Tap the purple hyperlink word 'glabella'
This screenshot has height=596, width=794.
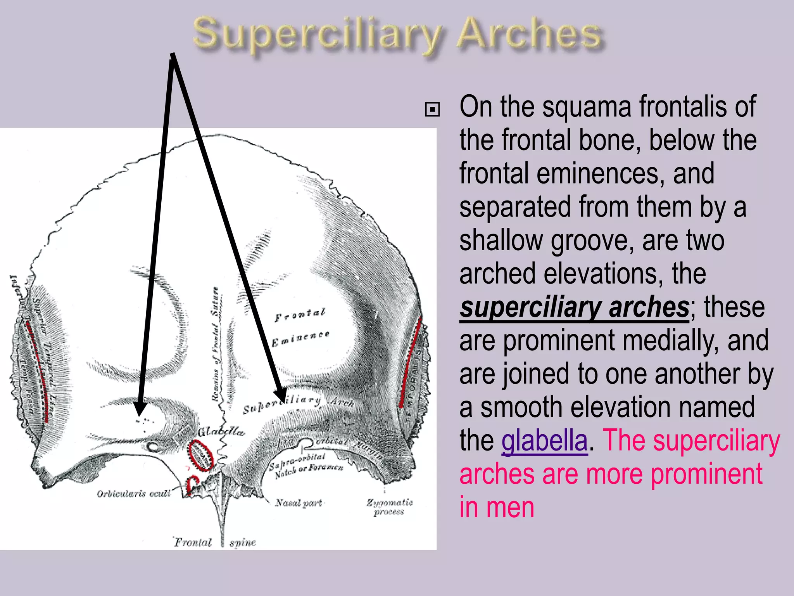coord(544,440)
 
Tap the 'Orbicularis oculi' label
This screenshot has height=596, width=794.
coord(133,494)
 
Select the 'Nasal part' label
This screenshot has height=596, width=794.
coord(299,503)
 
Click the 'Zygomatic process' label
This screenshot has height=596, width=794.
coord(389,507)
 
